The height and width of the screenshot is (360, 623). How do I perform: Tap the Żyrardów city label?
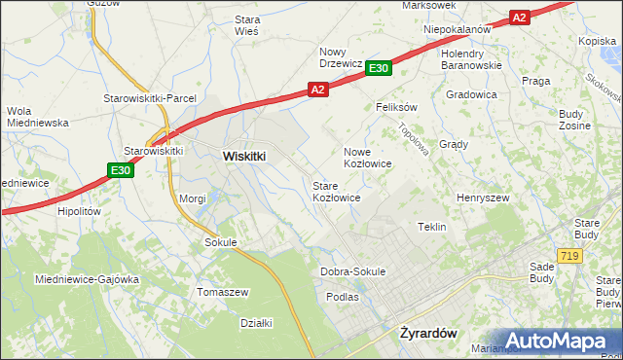[428, 332]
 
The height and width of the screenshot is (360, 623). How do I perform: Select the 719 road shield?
[571, 255]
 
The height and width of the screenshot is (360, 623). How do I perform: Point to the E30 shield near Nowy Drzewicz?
[379, 67]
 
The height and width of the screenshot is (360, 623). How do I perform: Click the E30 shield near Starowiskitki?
[119, 171]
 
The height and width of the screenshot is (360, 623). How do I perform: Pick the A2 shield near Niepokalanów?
[519, 18]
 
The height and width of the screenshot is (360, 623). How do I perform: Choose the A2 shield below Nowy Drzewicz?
[317, 89]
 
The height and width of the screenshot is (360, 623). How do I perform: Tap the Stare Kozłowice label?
[337, 191]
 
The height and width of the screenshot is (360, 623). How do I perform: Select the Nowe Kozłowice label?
[368, 158]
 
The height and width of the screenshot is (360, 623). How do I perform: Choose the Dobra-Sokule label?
[352, 271]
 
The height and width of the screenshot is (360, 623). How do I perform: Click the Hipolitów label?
[80, 210]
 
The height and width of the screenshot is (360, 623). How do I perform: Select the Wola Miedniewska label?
[33, 117]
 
